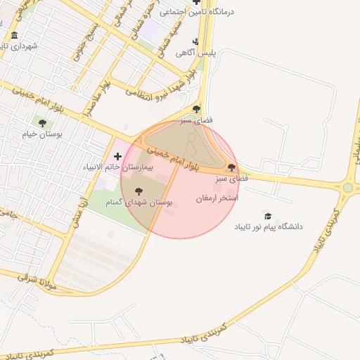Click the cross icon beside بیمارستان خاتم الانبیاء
117,155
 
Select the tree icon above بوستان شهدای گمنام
138,190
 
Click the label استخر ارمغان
217,199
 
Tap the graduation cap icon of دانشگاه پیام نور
267,216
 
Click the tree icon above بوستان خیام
42,123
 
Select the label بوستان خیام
42,134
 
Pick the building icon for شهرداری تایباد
15,36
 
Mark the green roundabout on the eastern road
347,188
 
